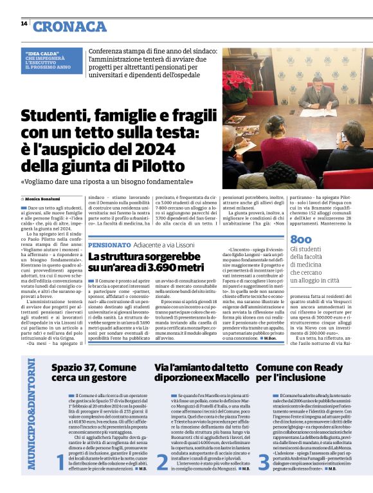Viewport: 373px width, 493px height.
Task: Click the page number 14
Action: (x=24, y=23)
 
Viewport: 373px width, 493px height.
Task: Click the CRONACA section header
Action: (x=69, y=26)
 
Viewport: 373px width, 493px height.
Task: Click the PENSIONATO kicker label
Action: (x=111, y=246)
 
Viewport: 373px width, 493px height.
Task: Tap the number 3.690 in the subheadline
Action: (x=160, y=266)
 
